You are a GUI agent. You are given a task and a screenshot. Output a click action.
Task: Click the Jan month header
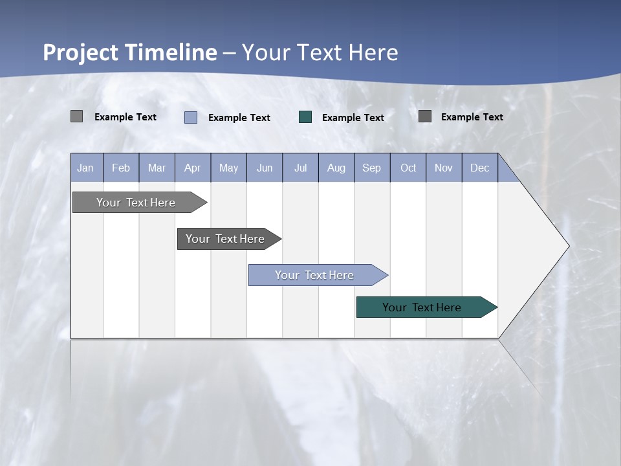[x=85, y=168]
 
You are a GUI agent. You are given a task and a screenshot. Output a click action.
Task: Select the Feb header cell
[x=121, y=168]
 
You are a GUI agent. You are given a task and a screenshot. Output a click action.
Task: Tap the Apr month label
[x=192, y=168]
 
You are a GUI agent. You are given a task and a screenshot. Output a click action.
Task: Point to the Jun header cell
[x=265, y=168]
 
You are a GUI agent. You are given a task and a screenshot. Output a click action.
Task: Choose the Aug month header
[x=336, y=168]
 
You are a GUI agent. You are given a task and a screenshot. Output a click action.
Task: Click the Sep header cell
[x=371, y=168]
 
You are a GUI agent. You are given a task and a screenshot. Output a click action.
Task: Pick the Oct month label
[x=408, y=168]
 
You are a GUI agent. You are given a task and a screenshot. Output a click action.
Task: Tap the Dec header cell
[x=479, y=168]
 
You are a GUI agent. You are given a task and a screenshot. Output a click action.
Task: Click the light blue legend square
[x=191, y=117]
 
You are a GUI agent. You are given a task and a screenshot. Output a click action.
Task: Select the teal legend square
[x=305, y=116]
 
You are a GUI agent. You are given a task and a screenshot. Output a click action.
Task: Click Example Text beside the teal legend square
[x=353, y=117]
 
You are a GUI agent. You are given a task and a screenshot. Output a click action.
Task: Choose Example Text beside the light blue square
[x=239, y=117]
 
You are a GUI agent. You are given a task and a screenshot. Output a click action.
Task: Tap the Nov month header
[x=444, y=168]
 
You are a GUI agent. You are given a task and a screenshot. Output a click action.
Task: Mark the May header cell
[x=228, y=168]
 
